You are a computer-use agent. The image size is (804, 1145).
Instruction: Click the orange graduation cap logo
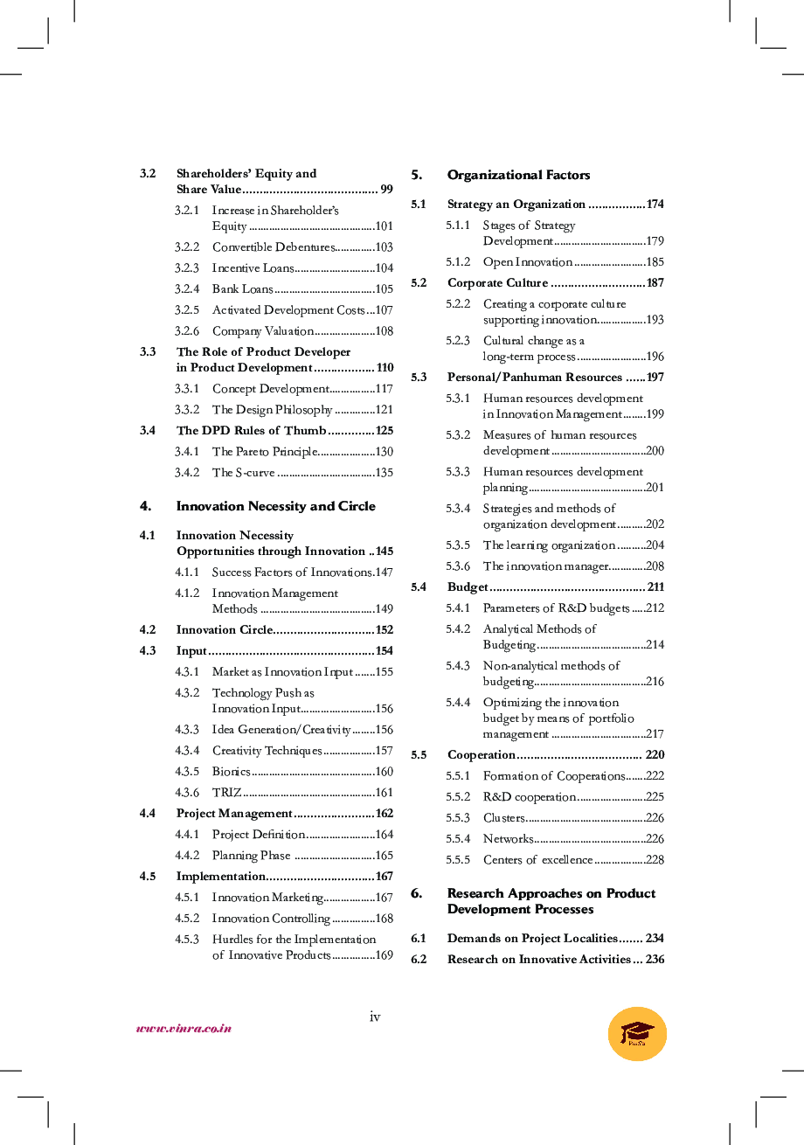click(x=637, y=1033)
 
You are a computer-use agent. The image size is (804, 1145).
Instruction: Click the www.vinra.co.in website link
click(x=184, y=1028)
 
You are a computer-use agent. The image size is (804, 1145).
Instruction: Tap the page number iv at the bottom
click(x=375, y=1016)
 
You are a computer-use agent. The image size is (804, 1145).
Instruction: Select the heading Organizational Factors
click(x=518, y=175)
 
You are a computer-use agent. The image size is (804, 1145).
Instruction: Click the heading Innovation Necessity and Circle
click(x=275, y=506)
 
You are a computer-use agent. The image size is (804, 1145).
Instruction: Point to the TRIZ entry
click(x=226, y=793)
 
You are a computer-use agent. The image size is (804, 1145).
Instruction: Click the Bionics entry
click(x=231, y=772)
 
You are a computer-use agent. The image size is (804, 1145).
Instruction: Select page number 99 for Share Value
click(x=386, y=190)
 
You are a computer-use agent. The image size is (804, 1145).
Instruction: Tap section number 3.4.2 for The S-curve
click(x=187, y=473)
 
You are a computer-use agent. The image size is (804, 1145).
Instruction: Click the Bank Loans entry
click(x=242, y=289)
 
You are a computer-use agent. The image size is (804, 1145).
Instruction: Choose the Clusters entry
click(x=503, y=818)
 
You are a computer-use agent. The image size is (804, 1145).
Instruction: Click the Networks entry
click(x=508, y=839)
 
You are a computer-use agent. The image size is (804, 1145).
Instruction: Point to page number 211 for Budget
click(x=655, y=587)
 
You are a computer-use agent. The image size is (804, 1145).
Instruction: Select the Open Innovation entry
click(x=527, y=262)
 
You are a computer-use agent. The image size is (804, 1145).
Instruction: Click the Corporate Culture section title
click(x=497, y=283)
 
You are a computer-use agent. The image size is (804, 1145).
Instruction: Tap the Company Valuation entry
click(x=262, y=331)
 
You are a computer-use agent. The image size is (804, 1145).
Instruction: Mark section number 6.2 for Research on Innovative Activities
click(x=419, y=960)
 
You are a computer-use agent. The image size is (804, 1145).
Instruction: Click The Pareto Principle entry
click(x=264, y=452)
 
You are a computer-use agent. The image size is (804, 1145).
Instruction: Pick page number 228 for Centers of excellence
click(x=655, y=860)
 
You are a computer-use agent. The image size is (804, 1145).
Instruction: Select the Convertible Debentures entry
click(x=273, y=247)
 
